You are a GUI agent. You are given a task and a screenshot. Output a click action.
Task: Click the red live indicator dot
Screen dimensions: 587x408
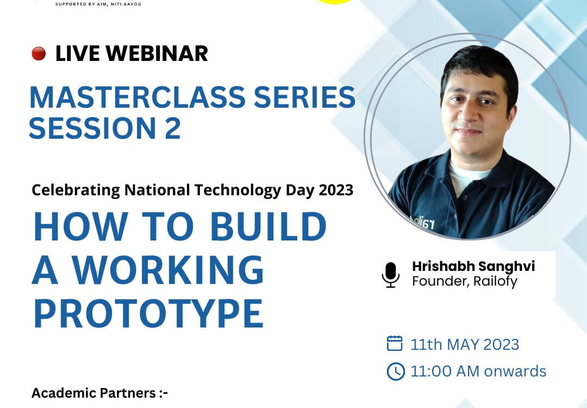coord(39,53)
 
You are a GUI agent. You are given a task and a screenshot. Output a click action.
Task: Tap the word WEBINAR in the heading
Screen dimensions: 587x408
coord(157,53)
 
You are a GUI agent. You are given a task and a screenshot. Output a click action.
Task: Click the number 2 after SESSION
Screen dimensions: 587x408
coord(173,128)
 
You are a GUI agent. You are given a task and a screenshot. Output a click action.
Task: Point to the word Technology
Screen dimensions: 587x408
coord(238,190)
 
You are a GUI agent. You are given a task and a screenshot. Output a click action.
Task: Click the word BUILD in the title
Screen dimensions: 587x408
coord(268,226)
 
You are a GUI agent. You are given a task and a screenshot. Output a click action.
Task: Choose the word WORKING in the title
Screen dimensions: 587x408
coord(168,270)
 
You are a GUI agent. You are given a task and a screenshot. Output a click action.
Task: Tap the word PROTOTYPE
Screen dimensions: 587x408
coord(148,313)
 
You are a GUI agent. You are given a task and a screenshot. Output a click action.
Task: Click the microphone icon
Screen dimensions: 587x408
coord(390,275)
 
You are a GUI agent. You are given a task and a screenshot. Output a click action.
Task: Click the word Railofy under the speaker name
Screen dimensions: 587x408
coord(495,281)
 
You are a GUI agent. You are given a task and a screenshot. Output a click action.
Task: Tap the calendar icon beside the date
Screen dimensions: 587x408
coord(395,343)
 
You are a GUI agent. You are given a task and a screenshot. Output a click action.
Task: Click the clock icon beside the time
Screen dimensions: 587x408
coord(396,372)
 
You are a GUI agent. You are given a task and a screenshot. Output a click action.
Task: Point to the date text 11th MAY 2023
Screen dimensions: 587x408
coord(465,344)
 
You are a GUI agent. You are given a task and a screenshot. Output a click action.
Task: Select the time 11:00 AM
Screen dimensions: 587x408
coord(445,372)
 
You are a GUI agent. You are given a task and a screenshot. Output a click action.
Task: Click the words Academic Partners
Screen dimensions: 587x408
coord(93,393)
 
